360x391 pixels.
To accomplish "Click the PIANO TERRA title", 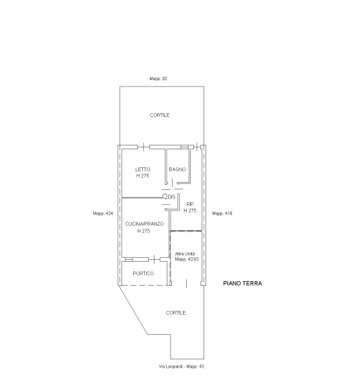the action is click(x=242, y=283).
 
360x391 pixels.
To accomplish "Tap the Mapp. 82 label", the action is click(x=158, y=79).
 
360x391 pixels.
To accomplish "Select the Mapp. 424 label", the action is click(x=103, y=213).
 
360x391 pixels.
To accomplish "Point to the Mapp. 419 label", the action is click(x=222, y=213).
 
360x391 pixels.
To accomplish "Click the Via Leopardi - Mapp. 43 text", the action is click(x=181, y=366).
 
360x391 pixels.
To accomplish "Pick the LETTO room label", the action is click(x=143, y=169).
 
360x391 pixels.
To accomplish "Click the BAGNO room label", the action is click(x=177, y=169).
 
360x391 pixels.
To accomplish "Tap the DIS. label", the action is click(x=172, y=196).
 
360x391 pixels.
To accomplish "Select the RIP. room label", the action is click(x=191, y=204).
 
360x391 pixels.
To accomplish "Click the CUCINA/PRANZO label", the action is click(x=144, y=224).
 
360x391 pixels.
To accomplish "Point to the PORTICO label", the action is click(x=143, y=273).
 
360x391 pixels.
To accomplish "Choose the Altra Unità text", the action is click(x=185, y=254).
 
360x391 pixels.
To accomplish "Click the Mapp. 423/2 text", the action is click(x=187, y=259).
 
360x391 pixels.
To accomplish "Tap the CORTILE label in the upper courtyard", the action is click(x=160, y=115).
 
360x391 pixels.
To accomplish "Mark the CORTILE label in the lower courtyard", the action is click(x=176, y=313).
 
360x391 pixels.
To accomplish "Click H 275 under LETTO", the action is click(x=143, y=176).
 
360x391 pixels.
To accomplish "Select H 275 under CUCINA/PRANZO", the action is click(x=143, y=231).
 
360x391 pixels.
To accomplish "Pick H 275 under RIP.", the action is click(x=190, y=211).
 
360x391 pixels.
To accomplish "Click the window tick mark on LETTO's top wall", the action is click(x=143, y=147).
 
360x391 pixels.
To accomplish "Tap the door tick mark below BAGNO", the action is click(x=172, y=183).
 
